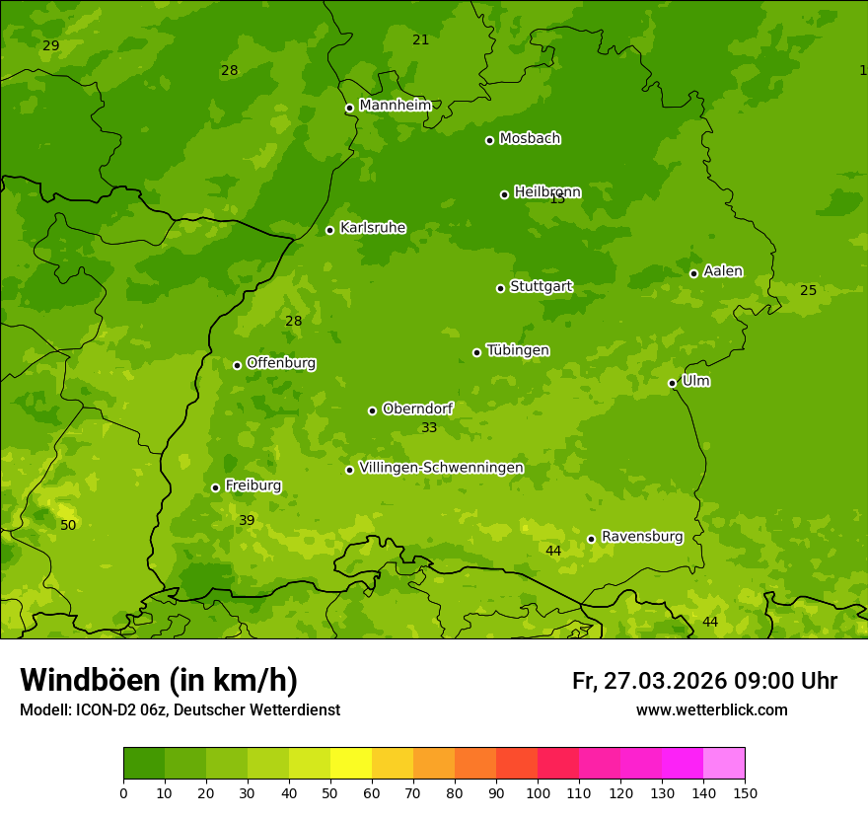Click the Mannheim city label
[x=395, y=106]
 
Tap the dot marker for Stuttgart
[x=500, y=288]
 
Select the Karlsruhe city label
[x=372, y=228]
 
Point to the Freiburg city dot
[x=215, y=487]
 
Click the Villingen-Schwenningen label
[x=441, y=468]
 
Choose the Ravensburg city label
[x=641, y=537]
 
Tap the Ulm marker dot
[x=672, y=383]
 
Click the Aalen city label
[x=722, y=271]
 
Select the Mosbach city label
[x=529, y=139]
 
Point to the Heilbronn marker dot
[x=504, y=194]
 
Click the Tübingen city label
[x=517, y=350]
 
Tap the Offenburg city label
[x=280, y=363]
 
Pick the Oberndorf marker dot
[x=372, y=410]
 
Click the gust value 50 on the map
[x=68, y=525]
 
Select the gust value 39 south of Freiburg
[x=247, y=520]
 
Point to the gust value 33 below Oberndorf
[x=429, y=427]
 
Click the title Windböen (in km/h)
[x=159, y=680]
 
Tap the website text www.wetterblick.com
[x=711, y=709]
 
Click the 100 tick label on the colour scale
[x=538, y=792]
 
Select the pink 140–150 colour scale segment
[x=724, y=763]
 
